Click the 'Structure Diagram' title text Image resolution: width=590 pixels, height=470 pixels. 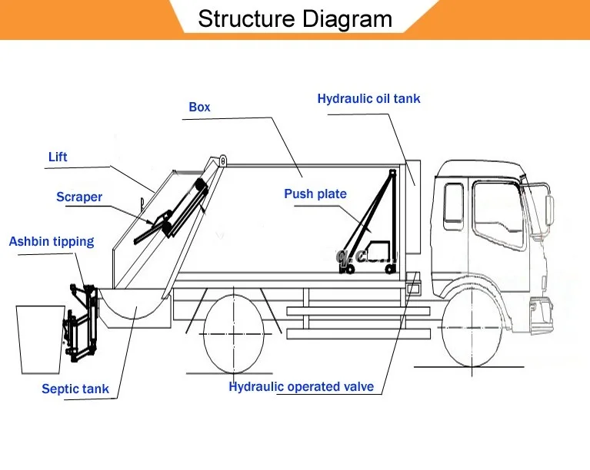(295, 18)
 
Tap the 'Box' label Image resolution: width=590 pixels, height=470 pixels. (199, 108)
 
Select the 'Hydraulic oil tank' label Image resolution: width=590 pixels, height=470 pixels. (368, 99)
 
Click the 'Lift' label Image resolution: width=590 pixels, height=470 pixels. (58, 157)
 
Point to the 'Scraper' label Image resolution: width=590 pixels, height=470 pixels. (79, 197)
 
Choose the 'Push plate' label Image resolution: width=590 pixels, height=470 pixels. (315, 194)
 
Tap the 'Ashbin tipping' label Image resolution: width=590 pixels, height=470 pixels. (52, 242)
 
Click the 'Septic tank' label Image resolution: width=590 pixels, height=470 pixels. (75, 389)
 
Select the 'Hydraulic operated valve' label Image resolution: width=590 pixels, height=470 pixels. (302, 387)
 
